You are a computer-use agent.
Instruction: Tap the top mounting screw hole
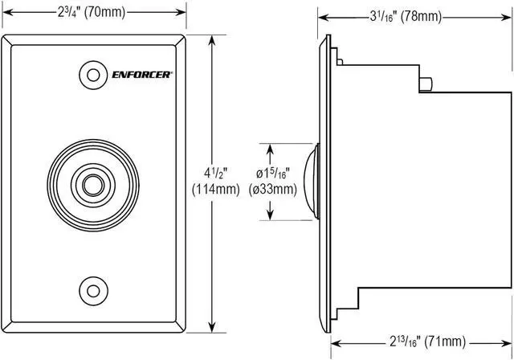(x=94, y=76)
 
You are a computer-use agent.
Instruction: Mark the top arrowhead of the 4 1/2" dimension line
(x=211, y=40)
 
